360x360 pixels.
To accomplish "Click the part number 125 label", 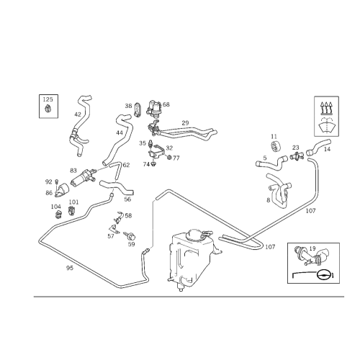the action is tap(48, 99).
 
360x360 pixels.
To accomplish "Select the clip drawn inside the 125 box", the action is tap(48, 109).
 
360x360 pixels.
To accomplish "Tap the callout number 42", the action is tap(78, 114).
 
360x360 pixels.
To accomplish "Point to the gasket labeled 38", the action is tap(138, 109).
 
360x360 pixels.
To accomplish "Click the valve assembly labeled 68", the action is tap(154, 107).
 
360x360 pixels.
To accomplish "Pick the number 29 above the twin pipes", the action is tap(185, 123).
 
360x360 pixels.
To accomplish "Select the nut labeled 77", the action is tap(169, 158).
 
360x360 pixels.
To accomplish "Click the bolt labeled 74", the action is tap(154, 164).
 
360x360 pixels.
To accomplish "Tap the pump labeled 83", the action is tap(84, 178).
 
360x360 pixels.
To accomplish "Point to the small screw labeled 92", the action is tap(57, 181).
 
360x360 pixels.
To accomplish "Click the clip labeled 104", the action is tap(58, 215).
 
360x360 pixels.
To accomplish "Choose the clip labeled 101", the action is tap(71, 210).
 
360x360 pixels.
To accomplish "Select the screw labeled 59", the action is tap(130, 235).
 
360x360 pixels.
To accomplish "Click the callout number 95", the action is tap(70, 268).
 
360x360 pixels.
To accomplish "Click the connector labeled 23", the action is tap(297, 156).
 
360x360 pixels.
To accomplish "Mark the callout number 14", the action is tap(327, 149).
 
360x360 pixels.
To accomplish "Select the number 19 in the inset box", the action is tap(312, 248).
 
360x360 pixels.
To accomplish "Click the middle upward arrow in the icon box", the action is tap(326, 107).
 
